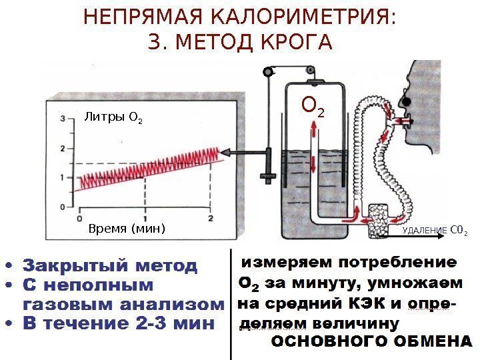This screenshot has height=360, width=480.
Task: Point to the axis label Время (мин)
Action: coord(126,229)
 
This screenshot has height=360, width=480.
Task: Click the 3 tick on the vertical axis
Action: coord(63,119)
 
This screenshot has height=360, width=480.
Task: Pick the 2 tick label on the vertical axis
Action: coord(63,148)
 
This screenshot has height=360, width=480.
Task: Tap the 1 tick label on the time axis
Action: coord(145,219)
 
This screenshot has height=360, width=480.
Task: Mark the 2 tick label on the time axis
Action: coord(211,219)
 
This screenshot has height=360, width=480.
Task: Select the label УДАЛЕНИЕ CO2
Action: coord(434,231)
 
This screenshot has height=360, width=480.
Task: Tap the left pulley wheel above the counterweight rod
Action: coord(269,70)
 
